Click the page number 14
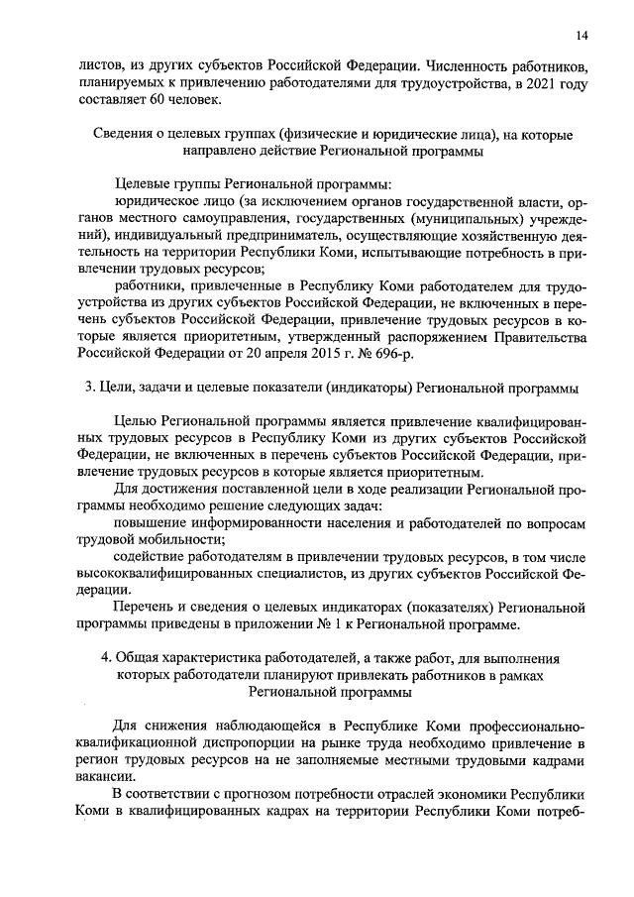(581, 36)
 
